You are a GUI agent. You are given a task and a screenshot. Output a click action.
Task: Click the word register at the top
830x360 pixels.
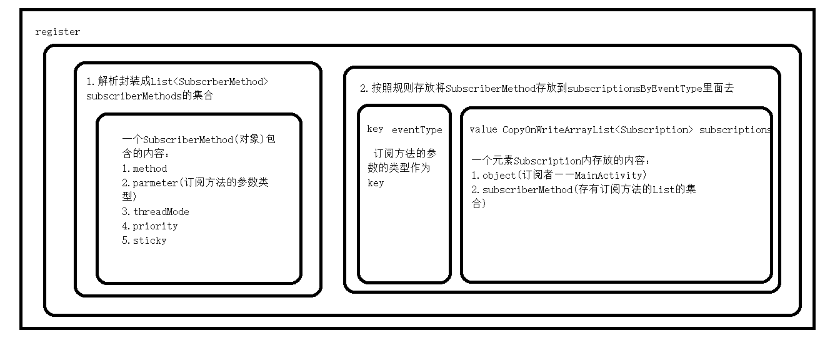click(57, 32)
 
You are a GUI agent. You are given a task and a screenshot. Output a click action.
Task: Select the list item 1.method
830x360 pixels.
click(144, 169)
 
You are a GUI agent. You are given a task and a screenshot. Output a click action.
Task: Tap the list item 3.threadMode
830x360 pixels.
click(155, 212)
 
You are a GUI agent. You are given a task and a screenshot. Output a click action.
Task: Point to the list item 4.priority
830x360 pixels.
click(150, 226)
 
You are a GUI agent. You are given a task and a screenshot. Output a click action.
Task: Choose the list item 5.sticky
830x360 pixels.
click(144, 241)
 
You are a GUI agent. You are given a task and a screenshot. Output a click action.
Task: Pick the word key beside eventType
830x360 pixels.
click(375, 129)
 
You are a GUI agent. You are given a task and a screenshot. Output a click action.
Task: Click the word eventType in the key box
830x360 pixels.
click(417, 130)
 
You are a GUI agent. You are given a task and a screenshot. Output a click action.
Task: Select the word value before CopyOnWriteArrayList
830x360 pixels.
click(483, 130)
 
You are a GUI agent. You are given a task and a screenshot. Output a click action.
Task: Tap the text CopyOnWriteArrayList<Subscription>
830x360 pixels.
click(598, 130)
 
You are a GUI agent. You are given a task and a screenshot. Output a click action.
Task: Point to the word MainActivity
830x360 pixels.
click(609, 176)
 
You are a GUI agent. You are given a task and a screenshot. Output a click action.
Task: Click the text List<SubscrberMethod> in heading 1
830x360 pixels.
click(209, 81)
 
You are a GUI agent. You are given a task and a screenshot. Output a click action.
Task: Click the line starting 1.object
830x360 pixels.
click(559, 176)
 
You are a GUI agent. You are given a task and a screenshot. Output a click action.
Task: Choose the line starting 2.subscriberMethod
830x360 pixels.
click(584, 190)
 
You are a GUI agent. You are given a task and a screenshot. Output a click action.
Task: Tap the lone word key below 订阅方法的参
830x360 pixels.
click(375, 183)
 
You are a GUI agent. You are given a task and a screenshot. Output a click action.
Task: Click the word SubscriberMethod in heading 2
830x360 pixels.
click(491, 89)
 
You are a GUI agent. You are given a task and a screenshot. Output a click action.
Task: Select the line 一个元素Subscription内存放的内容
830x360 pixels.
click(561, 161)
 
